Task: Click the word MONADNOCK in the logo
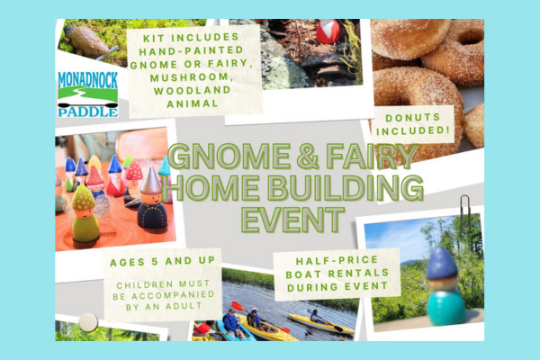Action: coord(88,79)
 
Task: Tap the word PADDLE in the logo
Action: coord(88,112)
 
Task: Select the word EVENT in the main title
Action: coord(292,219)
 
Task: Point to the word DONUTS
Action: coord(413,118)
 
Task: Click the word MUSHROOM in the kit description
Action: coord(192,77)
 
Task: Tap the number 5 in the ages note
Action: coord(155,262)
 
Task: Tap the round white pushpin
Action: coord(88,322)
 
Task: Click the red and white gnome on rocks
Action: coord(328,31)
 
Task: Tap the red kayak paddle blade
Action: coord(237,306)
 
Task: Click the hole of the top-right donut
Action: coord(471,37)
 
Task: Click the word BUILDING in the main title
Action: coord(345,188)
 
